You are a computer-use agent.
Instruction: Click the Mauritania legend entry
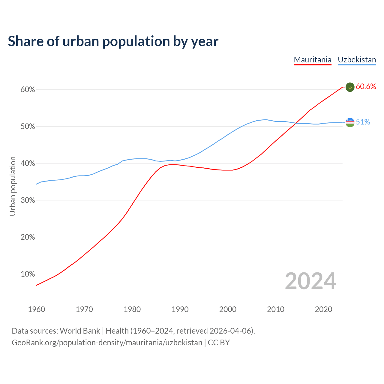tap(313, 60)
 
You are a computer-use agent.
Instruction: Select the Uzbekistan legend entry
tap(357, 60)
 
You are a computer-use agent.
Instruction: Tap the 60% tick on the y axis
tap(28, 90)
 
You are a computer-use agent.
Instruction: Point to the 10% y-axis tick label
tap(28, 274)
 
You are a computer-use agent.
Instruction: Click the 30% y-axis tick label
tap(28, 200)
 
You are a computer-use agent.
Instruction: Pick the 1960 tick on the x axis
tap(36, 309)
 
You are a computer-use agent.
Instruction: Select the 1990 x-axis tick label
tap(180, 309)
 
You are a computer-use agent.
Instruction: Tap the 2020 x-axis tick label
tap(323, 309)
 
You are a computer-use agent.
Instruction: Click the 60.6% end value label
tap(366, 87)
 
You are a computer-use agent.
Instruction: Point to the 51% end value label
tap(363, 122)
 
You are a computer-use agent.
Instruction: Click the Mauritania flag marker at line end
tap(350, 87)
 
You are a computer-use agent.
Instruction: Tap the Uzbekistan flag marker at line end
tap(350, 122)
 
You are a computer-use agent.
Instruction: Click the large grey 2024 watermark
tap(310, 281)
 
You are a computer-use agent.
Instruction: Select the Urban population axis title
tap(13, 186)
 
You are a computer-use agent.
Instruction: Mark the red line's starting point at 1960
tap(36, 285)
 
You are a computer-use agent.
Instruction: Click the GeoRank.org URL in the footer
tap(107, 343)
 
